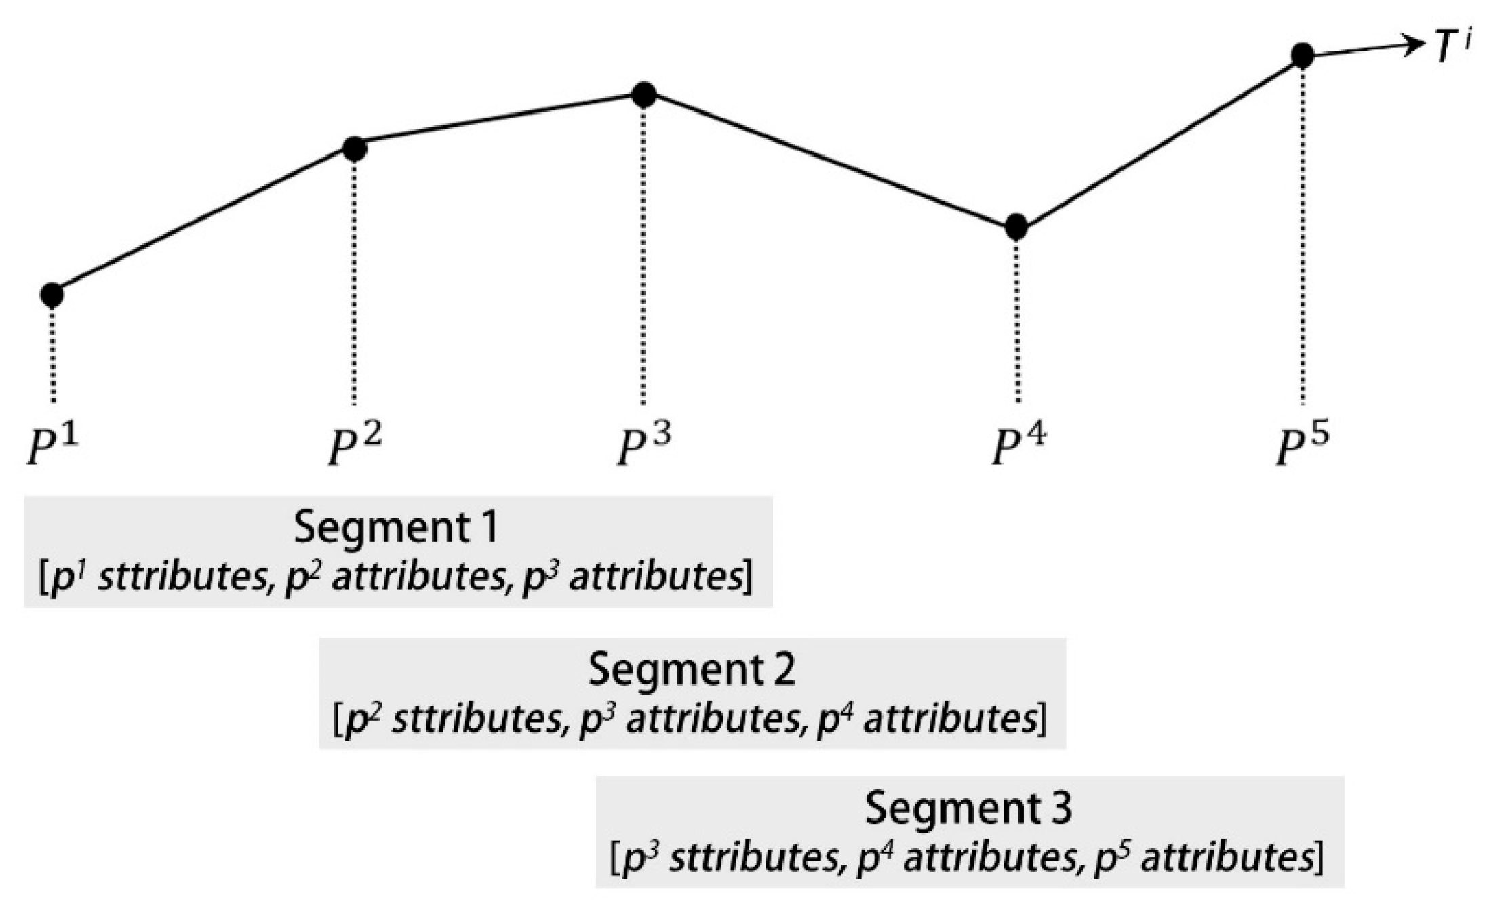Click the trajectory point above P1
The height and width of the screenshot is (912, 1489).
[52, 295]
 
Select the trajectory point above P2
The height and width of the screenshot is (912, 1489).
[354, 148]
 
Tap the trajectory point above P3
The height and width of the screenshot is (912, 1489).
[643, 95]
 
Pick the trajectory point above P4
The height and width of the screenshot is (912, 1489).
[1015, 227]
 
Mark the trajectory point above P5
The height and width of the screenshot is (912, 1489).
[1302, 56]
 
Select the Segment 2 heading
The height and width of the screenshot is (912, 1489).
[692, 669]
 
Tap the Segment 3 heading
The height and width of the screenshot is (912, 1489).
[969, 808]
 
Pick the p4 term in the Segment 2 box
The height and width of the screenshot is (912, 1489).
[837, 718]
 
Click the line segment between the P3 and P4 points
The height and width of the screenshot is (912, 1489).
[829, 161]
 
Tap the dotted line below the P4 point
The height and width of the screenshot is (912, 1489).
[1016, 318]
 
